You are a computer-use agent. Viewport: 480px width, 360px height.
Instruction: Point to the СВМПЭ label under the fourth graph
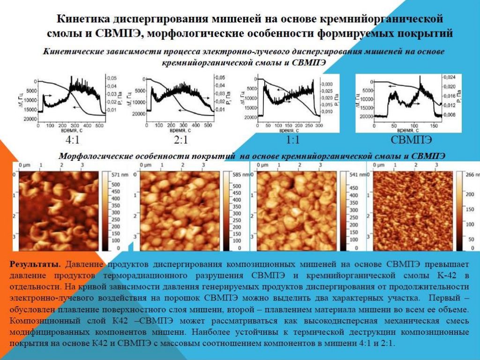pos(411,140)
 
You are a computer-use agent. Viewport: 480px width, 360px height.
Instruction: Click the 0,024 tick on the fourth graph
pos(449,77)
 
